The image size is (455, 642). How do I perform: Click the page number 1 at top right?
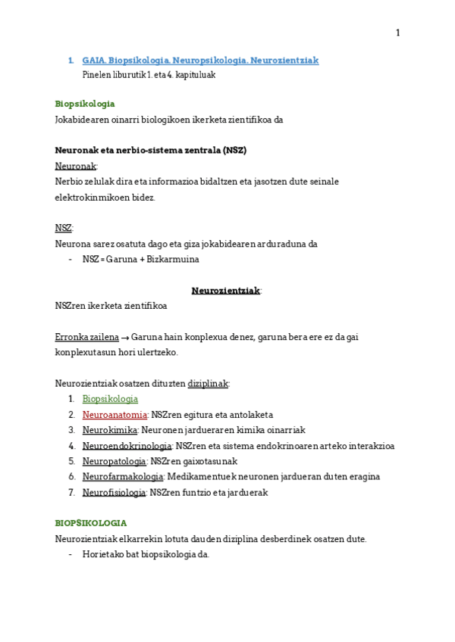click(x=397, y=33)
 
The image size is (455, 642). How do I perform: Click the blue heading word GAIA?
click(x=93, y=61)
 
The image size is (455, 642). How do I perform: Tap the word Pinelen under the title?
click(x=96, y=75)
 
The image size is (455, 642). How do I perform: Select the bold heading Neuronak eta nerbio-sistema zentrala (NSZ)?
click(x=151, y=150)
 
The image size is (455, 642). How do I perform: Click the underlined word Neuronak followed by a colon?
click(x=76, y=166)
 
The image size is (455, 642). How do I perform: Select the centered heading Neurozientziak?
click(x=226, y=290)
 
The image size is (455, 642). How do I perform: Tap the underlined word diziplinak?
click(x=208, y=384)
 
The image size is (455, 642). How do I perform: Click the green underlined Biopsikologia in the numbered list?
click(x=110, y=399)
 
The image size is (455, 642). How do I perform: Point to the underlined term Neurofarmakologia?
click(x=123, y=477)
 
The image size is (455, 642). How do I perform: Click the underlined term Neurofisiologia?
click(x=114, y=492)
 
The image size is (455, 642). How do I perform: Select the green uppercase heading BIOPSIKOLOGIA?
click(x=91, y=523)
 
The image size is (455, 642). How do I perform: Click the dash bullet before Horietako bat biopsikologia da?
click(x=71, y=554)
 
